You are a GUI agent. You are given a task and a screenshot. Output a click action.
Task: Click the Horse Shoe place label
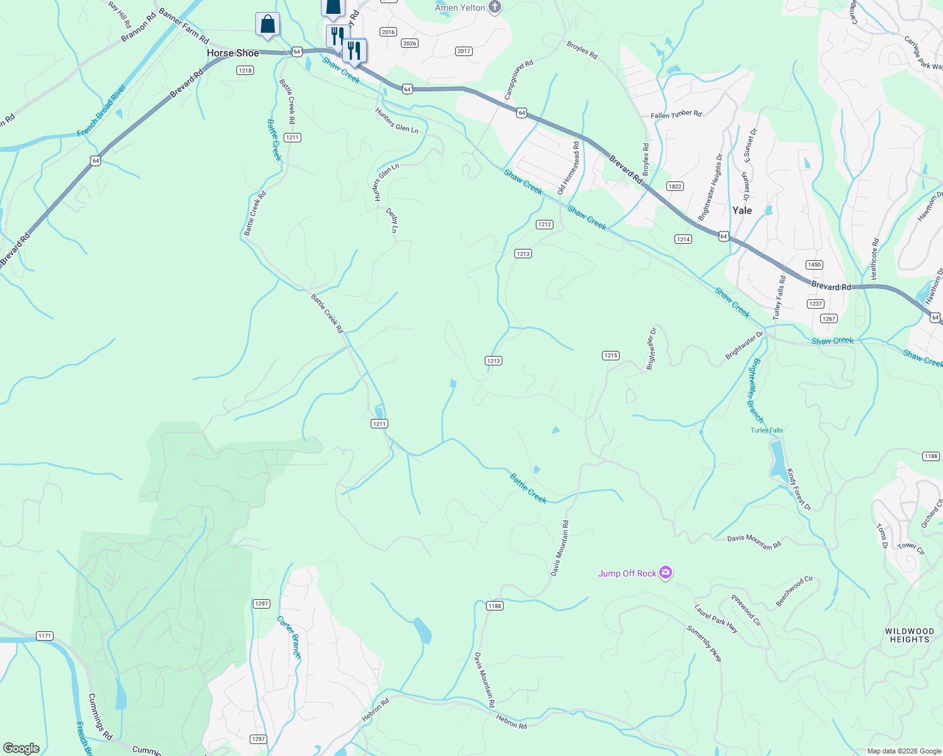[233, 53]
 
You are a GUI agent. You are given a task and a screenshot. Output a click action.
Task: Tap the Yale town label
[742, 210]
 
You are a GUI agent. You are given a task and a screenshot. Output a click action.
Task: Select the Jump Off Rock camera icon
[666, 573]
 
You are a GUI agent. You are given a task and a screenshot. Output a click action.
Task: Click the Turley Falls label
[767, 430]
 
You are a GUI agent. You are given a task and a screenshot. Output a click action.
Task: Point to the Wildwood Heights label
[909, 635]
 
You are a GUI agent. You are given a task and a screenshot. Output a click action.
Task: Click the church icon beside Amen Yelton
[495, 8]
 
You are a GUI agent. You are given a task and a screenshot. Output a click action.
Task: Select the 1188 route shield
[494, 606]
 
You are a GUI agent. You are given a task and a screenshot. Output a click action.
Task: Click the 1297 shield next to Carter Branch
[262, 604]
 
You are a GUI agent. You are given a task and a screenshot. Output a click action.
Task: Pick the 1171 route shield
[44, 636]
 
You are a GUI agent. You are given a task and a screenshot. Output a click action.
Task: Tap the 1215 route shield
[610, 355]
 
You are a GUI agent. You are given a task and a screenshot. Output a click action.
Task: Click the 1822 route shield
[674, 186]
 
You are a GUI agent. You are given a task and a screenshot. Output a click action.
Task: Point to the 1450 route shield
[814, 265]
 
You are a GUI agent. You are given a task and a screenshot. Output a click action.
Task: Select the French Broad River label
[101, 112]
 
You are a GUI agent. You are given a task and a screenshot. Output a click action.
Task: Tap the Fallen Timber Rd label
[676, 115]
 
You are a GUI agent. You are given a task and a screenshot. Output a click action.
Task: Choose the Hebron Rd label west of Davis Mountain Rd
[375, 709]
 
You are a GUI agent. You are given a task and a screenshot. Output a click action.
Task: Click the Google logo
[21, 748]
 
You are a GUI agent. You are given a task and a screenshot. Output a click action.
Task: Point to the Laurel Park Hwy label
[715, 619]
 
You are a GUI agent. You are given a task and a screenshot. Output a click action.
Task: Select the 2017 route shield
[463, 51]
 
